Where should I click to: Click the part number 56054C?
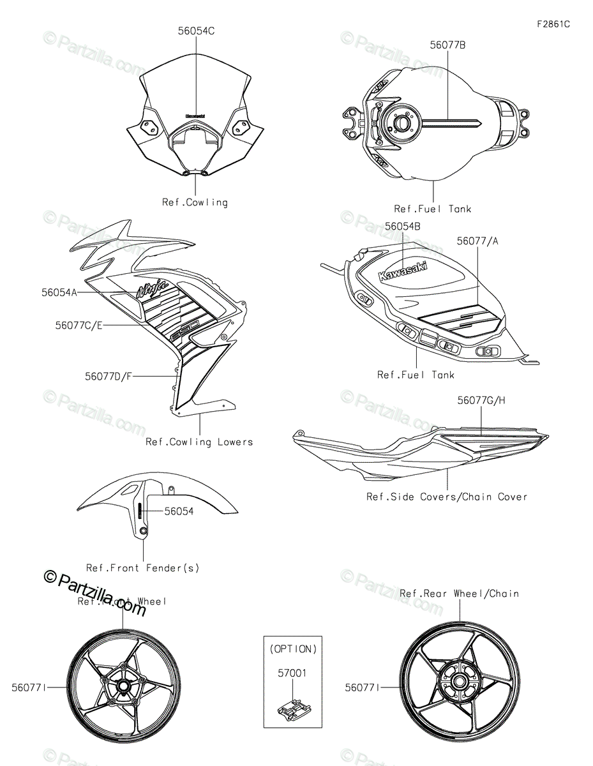point(196,30)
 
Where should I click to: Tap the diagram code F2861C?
point(553,24)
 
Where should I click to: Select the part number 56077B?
point(447,45)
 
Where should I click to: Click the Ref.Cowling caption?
point(195,202)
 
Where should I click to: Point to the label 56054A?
point(59,292)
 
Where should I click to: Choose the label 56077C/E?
point(79,325)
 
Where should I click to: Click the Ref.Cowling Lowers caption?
point(199,442)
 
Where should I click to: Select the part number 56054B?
point(403,225)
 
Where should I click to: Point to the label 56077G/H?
point(481,400)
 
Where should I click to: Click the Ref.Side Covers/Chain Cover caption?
point(447,496)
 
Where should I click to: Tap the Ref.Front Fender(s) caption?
point(143,567)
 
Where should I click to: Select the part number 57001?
point(293,672)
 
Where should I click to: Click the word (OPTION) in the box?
point(293,649)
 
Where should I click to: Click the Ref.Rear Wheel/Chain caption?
point(459,593)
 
